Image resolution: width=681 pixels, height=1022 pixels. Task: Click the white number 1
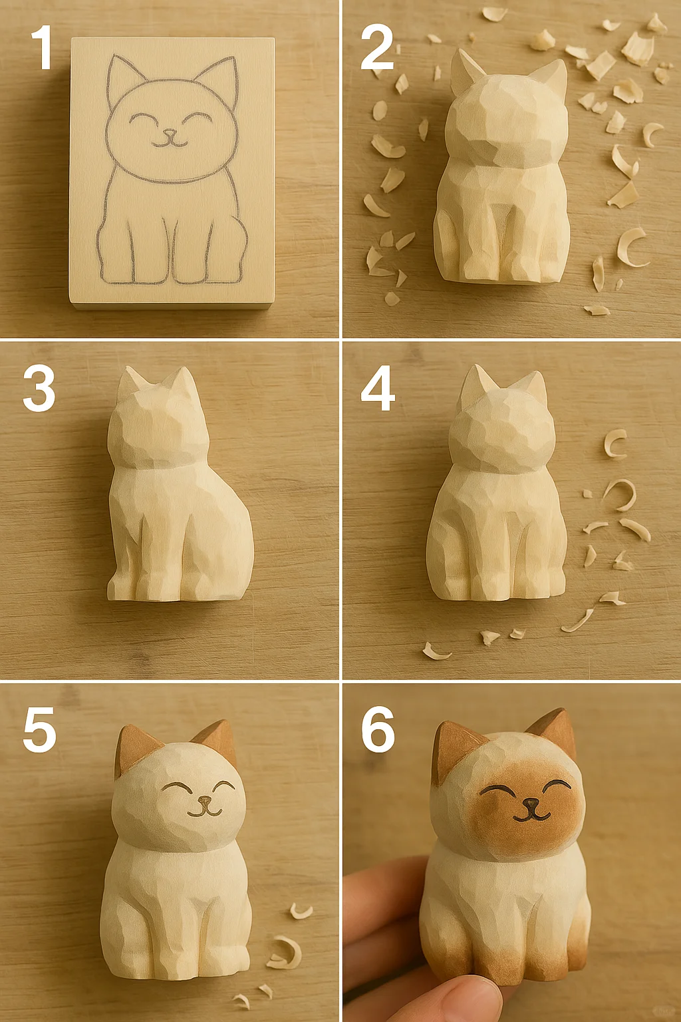[43, 47]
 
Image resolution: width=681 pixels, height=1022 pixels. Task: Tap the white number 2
[377, 47]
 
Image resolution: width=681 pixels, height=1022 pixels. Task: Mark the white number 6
[378, 729]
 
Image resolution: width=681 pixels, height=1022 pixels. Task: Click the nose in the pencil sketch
[170, 133]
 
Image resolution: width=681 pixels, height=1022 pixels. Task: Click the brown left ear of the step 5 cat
[134, 749]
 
